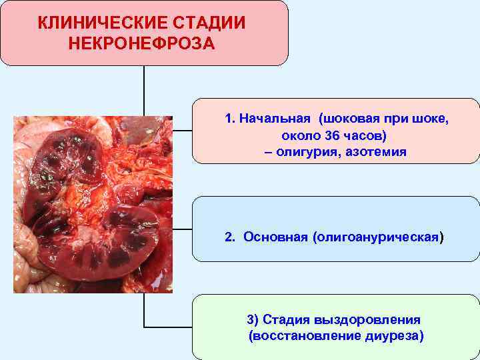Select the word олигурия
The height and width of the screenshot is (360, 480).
(x=310, y=152)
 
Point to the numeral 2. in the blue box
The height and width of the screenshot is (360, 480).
(x=230, y=237)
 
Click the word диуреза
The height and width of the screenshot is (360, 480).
(x=394, y=336)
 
